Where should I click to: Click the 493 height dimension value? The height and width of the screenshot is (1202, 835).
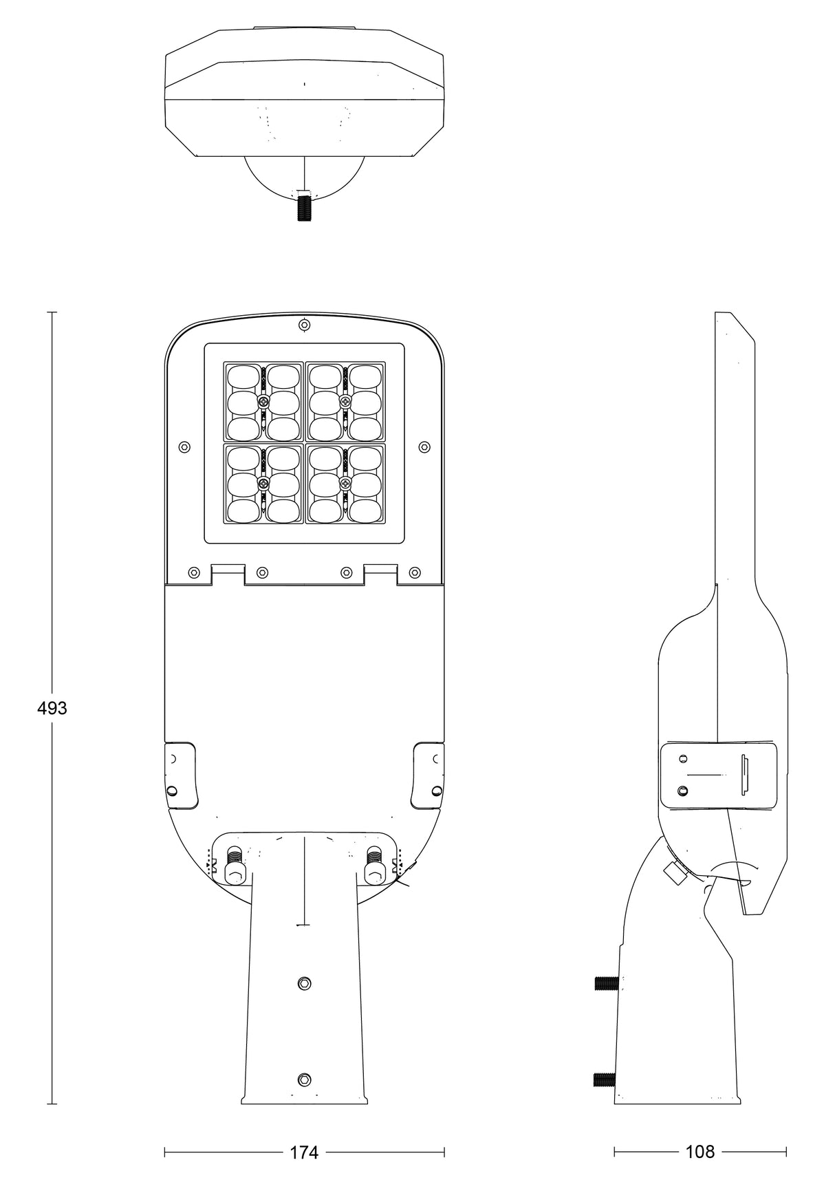pyautogui.click(x=52, y=708)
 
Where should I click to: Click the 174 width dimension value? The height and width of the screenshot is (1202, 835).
pyautogui.click(x=304, y=1152)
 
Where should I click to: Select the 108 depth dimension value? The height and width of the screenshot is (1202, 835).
pyautogui.click(x=700, y=1151)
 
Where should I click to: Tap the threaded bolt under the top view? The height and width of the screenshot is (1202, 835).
pyautogui.click(x=304, y=206)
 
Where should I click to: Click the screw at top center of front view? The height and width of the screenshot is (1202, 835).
pyautogui.click(x=304, y=325)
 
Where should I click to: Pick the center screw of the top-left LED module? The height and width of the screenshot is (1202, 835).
pyautogui.click(x=263, y=401)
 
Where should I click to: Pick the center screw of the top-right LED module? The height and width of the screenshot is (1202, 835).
pyautogui.click(x=345, y=401)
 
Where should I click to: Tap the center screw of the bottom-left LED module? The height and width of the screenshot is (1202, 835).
pyautogui.click(x=263, y=484)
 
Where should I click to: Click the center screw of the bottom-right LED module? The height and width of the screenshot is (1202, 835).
pyautogui.click(x=345, y=484)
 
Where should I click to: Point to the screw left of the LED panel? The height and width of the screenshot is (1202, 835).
pyautogui.click(x=184, y=447)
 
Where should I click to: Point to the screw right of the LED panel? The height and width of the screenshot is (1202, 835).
pyautogui.click(x=424, y=447)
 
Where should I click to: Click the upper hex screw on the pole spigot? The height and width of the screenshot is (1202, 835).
pyautogui.click(x=305, y=984)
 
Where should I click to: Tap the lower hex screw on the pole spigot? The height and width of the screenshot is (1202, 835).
pyautogui.click(x=305, y=1079)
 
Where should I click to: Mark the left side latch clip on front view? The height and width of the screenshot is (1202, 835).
pyautogui.click(x=180, y=775)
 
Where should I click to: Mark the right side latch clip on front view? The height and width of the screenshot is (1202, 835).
pyautogui.click(x=428, y=775)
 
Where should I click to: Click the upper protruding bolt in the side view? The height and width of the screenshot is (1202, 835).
pyautogui.click(x=606, y=984)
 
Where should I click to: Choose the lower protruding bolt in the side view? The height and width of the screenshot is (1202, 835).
pyautogui.click(x=605, y=1080)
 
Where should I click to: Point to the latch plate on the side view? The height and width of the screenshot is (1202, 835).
pyautogui.click(x=718, y=775)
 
